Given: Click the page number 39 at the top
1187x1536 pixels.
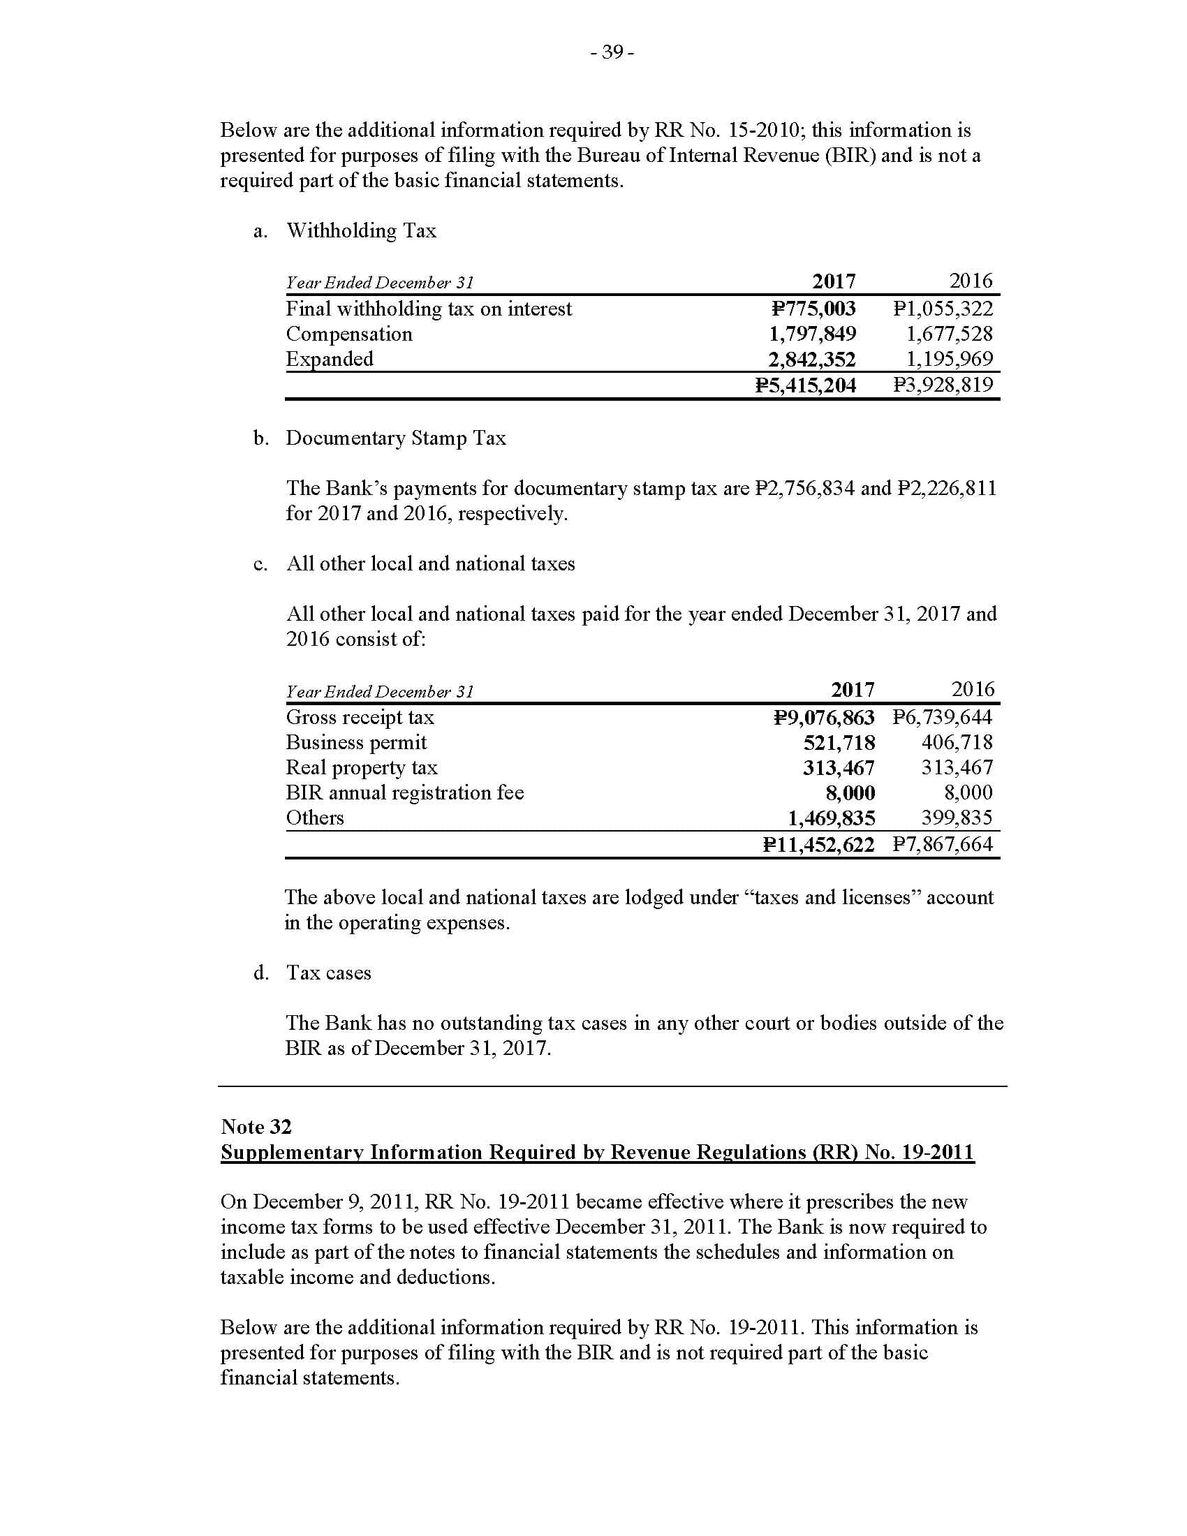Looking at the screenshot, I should tap(612, 52).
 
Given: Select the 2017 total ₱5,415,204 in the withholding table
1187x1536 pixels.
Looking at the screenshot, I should tap(805, 385).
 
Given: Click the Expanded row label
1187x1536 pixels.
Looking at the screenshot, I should tap(329, 360).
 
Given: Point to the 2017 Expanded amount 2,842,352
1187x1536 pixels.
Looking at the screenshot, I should tap(811, 360).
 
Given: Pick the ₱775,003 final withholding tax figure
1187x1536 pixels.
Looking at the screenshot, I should tap(813, 309).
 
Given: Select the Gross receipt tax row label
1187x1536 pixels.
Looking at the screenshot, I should tap(360, 717).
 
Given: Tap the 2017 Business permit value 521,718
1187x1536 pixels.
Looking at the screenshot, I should tap(839, 744).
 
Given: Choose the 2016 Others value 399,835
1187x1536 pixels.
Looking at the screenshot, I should tap(957, 818).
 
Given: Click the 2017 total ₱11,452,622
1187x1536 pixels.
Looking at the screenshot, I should tap(818, 845).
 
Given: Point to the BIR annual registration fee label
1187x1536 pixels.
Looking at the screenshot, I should tap(404, 793).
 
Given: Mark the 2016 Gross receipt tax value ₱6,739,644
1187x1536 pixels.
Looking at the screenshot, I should tap(943, 717).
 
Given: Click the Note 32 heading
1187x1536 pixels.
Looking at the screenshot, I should tap(256, 1127).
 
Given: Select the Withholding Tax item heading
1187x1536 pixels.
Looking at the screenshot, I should tap(361, 230).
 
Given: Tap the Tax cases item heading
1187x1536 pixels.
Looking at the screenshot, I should tap(328, 973).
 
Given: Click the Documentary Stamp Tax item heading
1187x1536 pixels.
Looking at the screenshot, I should tap(396, 438).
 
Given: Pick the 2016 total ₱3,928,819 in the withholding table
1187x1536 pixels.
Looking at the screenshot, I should tap(943, 385).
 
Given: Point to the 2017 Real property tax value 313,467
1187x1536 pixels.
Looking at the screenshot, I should tap(839, 768).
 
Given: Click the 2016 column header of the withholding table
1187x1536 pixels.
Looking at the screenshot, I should tap(971, 281).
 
